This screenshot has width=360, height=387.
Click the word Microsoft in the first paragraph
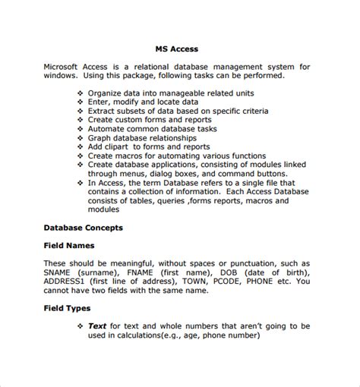(x=65, y=67)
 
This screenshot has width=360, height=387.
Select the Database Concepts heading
(x=83, y=227)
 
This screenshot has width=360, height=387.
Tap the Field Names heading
(x=69, y=245)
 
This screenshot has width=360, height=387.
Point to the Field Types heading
(x=67, y=309)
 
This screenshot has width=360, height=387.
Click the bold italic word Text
(x=96, y=326)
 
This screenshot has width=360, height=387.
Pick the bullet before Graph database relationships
(x=81, y=138)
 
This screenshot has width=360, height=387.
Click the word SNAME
(x=58, y=272)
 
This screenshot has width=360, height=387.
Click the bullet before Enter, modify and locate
(x=81, y=102)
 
